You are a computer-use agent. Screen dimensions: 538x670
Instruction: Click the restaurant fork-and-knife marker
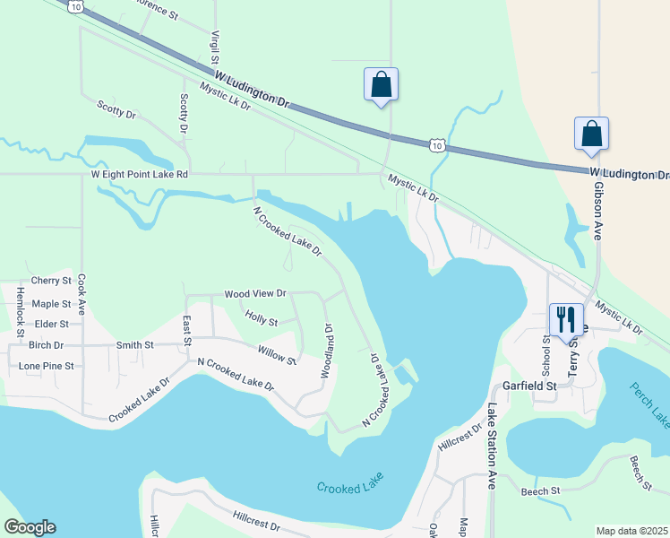(565, 319)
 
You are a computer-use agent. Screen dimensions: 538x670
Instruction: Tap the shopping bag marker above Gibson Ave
(591, 134)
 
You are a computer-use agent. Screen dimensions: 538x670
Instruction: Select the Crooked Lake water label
(350, 486)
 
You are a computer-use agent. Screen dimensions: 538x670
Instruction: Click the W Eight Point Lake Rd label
(140, 175)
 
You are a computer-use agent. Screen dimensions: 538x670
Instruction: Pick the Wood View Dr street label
(255, 293)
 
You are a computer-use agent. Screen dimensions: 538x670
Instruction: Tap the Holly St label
(262, 320)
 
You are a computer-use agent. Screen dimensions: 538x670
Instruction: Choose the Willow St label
(277, 356)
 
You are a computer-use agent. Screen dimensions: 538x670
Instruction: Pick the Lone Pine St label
(46, 366)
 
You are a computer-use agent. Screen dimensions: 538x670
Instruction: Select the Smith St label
(135, 344)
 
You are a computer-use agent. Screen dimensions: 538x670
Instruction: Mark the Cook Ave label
(82, 294)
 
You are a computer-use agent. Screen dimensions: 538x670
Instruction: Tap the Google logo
(30, 527)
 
